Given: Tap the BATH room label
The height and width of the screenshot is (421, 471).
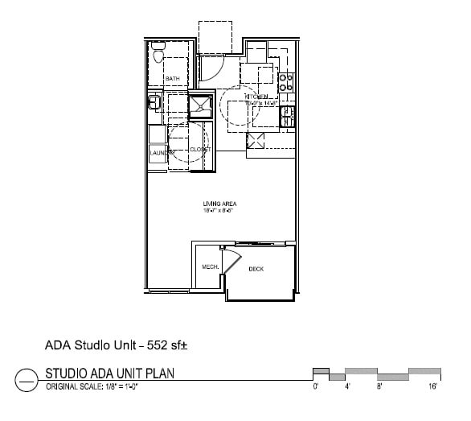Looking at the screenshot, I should [x=172, y=78].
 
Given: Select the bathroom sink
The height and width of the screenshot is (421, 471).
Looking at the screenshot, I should [x=152, y=101].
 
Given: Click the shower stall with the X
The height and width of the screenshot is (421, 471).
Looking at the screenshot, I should [x=199, y=105].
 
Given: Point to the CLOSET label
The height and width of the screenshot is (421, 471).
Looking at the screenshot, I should [x=200, y=150].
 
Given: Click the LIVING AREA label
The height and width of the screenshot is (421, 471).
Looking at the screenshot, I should [x=214, y=204].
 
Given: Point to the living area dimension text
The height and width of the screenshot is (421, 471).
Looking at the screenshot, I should [x=214, y=210].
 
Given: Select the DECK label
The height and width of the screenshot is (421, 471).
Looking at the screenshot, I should [x=256, y=269].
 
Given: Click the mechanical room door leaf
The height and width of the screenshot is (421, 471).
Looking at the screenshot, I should [x=231, y=261].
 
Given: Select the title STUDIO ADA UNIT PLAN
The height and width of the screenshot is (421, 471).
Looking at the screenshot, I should [x=110, y=373].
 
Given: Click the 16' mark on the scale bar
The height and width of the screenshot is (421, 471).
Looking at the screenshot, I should [x=432, y=386].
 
